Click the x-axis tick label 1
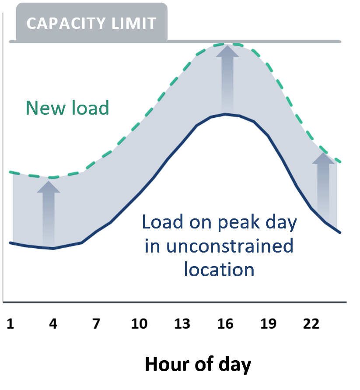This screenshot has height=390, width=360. pos(10,324)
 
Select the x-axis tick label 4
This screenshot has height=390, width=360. pos(53,324)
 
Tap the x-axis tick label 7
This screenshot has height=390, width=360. pos(96,324)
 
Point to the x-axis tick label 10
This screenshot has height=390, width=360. pos(139,324)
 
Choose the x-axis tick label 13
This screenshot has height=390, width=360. pos(182,324)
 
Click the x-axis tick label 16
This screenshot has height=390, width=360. pos(225,324)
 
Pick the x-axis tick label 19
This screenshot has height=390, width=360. pos(268,324)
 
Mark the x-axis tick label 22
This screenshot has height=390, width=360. pos(311,324)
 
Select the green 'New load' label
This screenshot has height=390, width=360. pos(67,108)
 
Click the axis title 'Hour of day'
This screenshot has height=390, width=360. pos(198,364)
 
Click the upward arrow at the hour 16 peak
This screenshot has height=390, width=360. pos(227,77)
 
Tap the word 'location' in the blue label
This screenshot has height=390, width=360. pos(219,269)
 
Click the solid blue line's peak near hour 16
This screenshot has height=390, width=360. pos(225,114)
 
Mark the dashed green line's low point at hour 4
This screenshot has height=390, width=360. pos(53,177)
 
